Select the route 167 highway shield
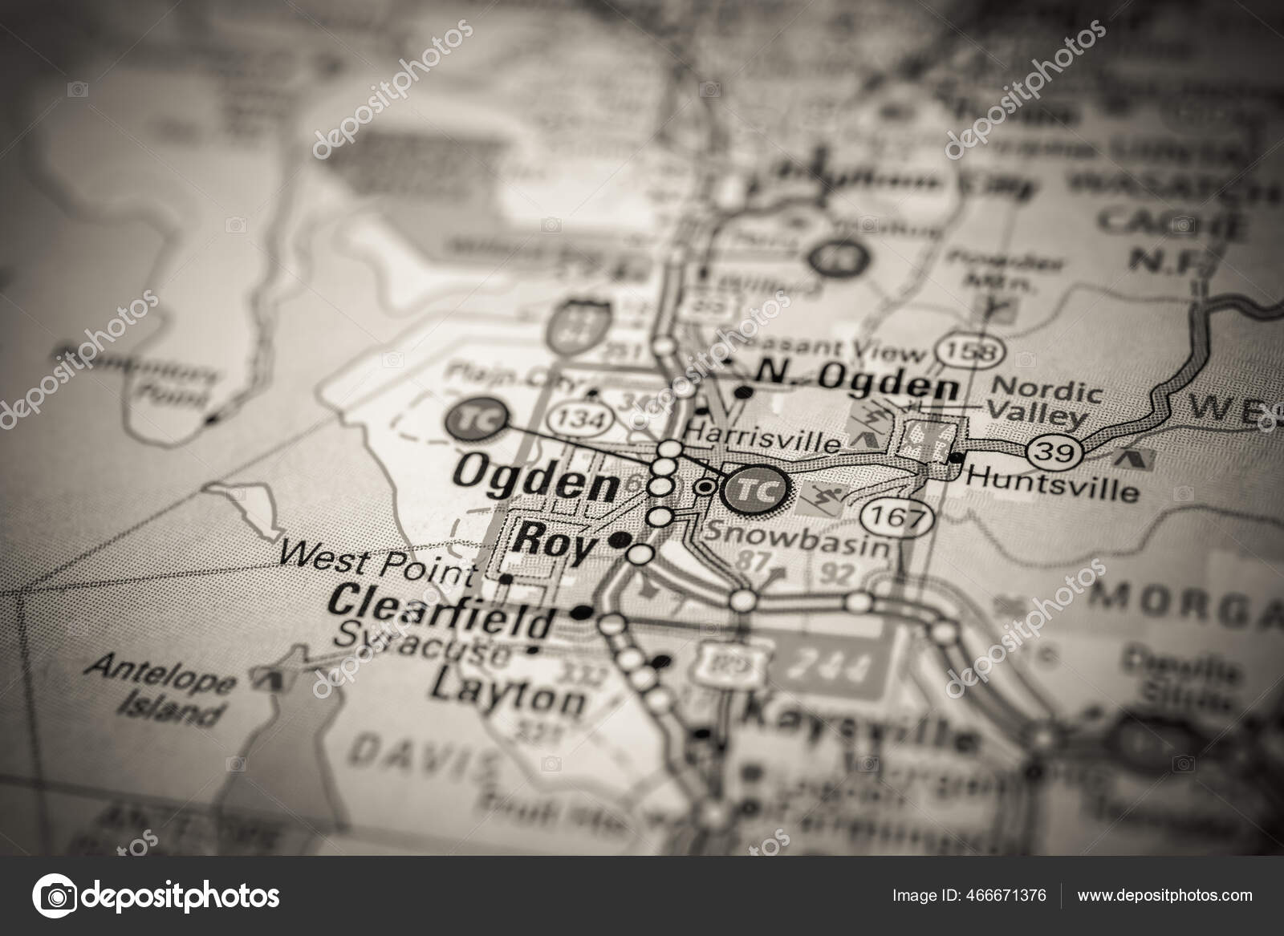898,517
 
